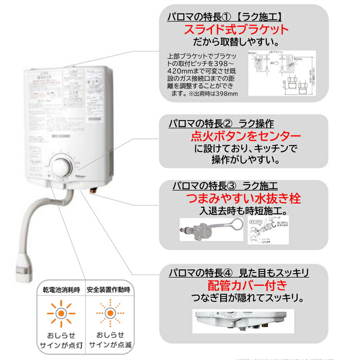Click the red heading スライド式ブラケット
click(237, 30)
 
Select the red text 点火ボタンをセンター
click(238, 137)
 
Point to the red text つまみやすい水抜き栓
click(243, 199)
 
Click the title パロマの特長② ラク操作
click(221, 124)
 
